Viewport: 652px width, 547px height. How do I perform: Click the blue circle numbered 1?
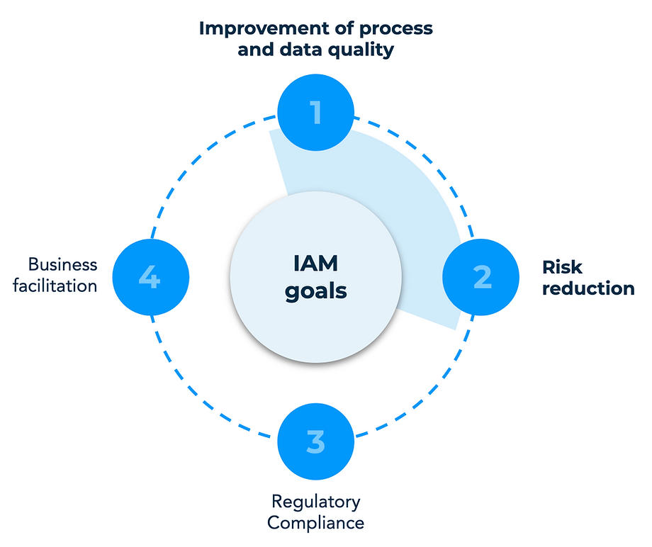pos(315,112)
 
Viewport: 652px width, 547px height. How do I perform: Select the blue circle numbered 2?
pos(481,277)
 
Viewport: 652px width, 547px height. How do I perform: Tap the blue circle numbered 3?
pos(315,441)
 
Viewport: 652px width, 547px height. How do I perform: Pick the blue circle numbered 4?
pos(150,277)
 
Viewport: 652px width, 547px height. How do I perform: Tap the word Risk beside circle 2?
pos(562,267)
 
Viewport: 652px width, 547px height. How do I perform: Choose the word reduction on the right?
pos(588,288)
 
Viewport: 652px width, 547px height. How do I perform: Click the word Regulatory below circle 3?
pos(315,502)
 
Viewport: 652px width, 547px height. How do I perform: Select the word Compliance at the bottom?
pos(315,524)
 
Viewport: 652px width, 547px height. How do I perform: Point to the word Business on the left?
pos(62,265)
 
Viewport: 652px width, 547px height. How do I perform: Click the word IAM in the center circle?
pos(316,264)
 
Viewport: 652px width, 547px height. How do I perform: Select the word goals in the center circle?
pos(316,291)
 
